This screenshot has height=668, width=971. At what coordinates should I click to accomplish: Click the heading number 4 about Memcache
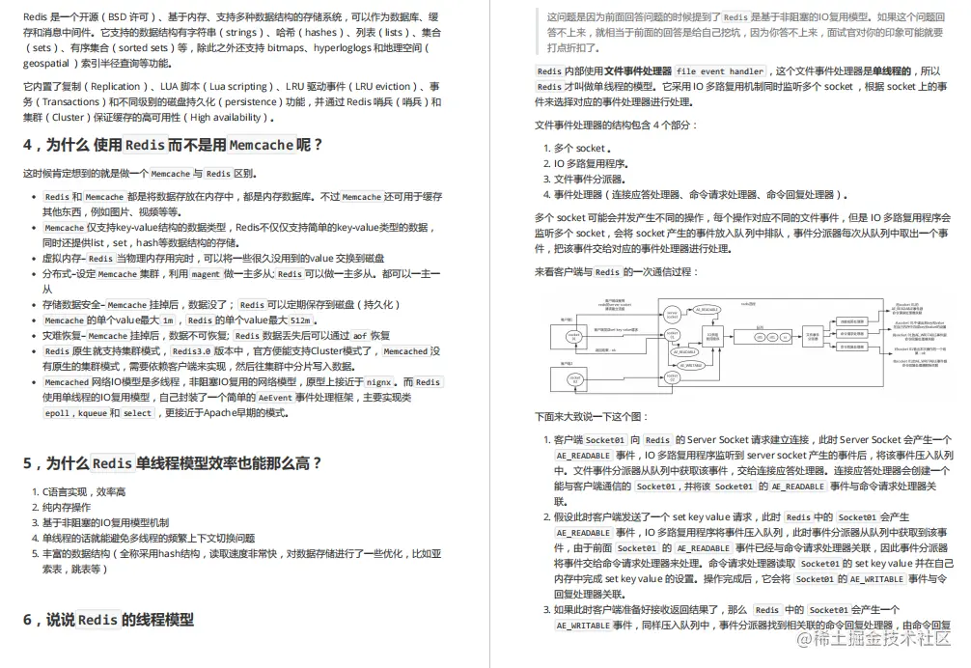[x=29, y=146]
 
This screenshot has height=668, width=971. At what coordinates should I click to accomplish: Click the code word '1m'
[x=168, y=320]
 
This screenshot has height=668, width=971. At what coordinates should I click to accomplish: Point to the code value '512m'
[x=300, y=320]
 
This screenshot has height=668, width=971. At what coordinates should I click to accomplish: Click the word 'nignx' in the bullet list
[x=378, y=382]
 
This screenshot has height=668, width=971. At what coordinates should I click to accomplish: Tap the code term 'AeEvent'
[x=274, y=398]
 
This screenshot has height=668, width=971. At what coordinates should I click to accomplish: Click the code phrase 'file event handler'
[x=719, y=71]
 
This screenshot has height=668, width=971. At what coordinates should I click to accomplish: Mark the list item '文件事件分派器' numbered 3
[x=588, y=180]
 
